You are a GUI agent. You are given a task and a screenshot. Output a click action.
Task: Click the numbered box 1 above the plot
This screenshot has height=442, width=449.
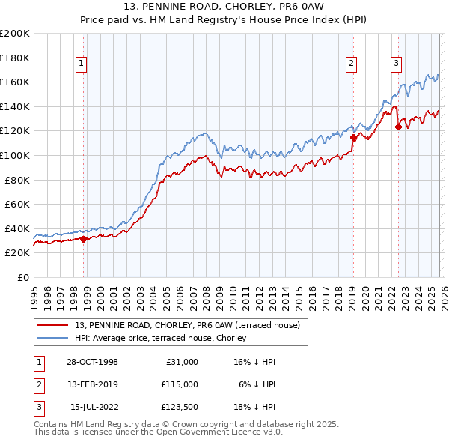point(81,64)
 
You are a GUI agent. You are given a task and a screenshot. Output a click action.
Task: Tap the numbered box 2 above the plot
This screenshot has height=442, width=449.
point(351,64)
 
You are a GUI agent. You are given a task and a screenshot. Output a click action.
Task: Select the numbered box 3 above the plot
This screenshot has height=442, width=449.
point(396,64)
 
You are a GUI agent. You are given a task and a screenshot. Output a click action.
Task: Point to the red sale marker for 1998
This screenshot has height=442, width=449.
point(83,240)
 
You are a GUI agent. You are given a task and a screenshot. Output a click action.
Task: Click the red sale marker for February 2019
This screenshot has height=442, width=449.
point(352,137)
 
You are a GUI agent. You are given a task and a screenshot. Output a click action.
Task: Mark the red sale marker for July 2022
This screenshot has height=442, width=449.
point(398,127)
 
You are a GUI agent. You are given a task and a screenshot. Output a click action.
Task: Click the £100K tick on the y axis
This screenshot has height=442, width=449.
point(15,155)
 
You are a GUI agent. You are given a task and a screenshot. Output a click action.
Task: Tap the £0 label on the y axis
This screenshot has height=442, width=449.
point(23,277)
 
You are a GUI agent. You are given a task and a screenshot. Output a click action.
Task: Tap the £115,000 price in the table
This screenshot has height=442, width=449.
point(180,384)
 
